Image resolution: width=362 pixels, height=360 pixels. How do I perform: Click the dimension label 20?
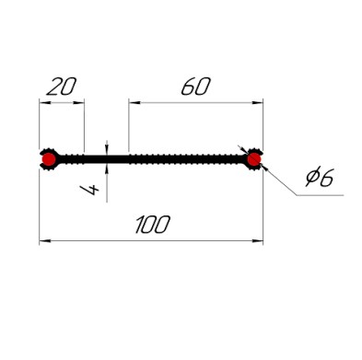point(61,87)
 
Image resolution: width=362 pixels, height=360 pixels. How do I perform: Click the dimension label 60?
point(196,86)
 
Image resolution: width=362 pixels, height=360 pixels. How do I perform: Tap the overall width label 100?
point(153,225)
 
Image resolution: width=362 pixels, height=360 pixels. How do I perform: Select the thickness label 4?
point(89,190)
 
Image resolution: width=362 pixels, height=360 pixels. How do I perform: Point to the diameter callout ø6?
point(320,177)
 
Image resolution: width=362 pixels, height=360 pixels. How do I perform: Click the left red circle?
point(49,159)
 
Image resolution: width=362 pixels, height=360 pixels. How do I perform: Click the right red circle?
point(254,159)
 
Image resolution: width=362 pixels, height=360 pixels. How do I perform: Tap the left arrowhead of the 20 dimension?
point(44,103)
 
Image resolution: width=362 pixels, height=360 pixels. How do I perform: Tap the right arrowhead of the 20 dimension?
point(79,103)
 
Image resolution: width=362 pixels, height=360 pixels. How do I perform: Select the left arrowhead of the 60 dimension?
point(134,102)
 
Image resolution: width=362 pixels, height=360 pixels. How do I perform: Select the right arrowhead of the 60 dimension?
point(258,102)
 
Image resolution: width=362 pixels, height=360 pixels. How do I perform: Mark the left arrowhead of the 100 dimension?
point(45,241)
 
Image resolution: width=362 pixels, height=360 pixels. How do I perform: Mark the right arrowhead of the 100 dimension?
point(258,241)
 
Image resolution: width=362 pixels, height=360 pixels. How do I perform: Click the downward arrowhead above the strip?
point(107,149)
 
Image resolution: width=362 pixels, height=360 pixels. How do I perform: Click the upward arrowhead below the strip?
point(107,169)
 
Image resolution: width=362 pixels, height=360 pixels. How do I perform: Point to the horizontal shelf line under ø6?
point(320,195)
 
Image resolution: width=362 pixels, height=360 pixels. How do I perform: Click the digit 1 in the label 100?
point(139,225)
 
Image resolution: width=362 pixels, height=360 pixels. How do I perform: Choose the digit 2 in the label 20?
point(54,87)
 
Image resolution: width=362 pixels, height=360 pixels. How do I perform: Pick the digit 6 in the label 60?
point(189,86)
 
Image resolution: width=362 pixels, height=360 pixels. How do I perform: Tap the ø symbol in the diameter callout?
point(312,177)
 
